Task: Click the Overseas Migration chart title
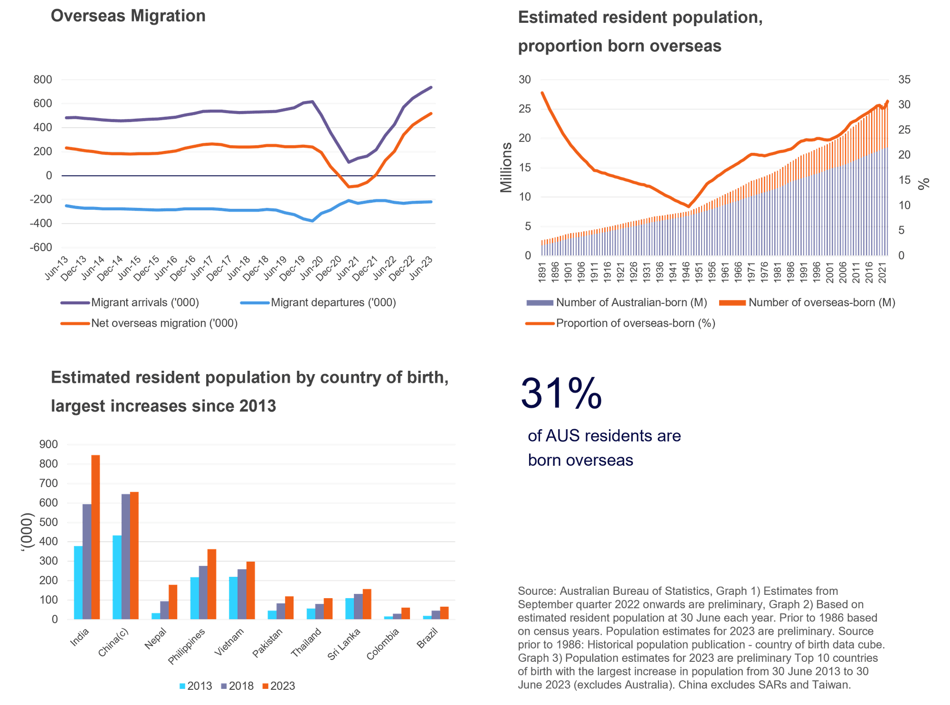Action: coord(128,16)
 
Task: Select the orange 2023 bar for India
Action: coord(95,536)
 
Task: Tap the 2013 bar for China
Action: coord(116,577)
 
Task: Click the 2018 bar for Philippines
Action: coord(203,592)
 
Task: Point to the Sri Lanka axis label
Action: coord(344,644)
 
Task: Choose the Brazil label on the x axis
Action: coord(428,638)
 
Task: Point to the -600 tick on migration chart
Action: coord(42,247)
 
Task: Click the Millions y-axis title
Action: coord(507,168)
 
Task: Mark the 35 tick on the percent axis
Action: coord(904,80)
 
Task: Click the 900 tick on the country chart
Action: coord(49,444)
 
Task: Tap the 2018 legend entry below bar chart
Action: coord(237,686)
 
